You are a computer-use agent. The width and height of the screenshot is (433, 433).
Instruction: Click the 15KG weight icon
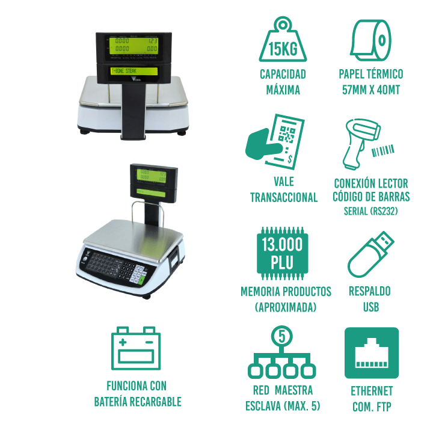(283, 40)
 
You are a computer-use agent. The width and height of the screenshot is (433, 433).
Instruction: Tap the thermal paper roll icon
(370, 38)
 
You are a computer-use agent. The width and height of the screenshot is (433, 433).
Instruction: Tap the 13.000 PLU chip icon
(283, 253)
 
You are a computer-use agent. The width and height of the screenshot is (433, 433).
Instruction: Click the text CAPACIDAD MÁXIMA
(283, 82)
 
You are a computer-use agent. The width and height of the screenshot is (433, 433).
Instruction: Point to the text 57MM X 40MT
(370, 91)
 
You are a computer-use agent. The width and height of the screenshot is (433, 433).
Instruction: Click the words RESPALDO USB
(370, 299)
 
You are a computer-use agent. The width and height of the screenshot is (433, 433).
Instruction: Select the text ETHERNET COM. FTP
(371, 399)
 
